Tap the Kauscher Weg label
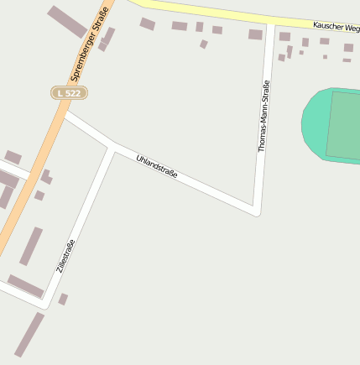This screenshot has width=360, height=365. click(336, 26)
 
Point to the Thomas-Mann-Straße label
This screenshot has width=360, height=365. click(263, 116)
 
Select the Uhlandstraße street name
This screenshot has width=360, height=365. click(157, 165)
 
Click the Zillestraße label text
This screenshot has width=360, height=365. click(65, 256)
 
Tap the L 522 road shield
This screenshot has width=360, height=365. click(70, 92)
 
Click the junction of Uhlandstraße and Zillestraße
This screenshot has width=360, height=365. click(112, 149)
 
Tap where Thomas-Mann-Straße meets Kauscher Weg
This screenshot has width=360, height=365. click(270, 23)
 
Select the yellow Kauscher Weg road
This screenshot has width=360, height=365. click(218, 12)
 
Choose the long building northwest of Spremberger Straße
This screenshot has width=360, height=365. click(66, 21)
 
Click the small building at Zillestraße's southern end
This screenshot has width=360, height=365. click(63, 299)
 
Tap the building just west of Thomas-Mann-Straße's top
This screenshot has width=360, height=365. click(255, 34)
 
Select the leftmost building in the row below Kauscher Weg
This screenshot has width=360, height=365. click(148, 23)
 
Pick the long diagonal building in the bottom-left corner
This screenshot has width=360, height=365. click(29, 334)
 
